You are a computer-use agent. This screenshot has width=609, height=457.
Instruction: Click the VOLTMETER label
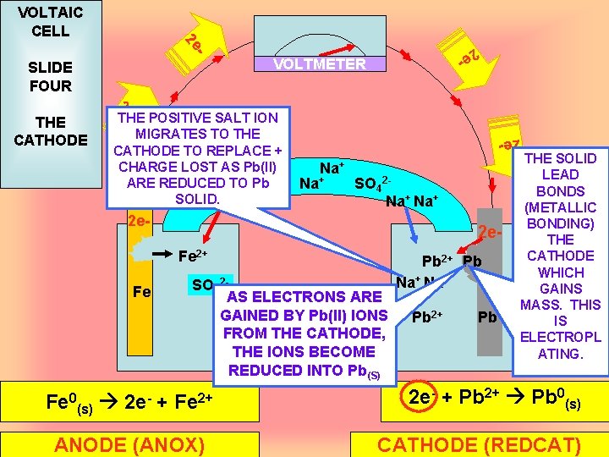[x=320, y=64]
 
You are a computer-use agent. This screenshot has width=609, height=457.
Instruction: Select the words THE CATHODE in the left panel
[x=51, y=130]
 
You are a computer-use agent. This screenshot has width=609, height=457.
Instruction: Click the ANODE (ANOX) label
[x=129, y=445]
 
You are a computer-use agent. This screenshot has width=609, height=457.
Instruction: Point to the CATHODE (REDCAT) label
[x=479, y=445]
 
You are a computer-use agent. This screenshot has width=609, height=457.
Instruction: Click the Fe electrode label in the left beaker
[x=142, y=293]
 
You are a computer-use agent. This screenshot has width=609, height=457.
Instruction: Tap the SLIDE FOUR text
[x=51, y=76]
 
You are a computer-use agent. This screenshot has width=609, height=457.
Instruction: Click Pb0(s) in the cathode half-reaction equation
[x=563, y=398]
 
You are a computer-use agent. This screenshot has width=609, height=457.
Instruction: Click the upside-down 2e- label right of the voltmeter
[x=467, y=59]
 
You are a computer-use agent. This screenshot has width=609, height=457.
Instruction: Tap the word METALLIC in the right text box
[x=561, y=207]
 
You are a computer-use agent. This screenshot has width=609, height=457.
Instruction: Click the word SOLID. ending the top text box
[x=197, y=199]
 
